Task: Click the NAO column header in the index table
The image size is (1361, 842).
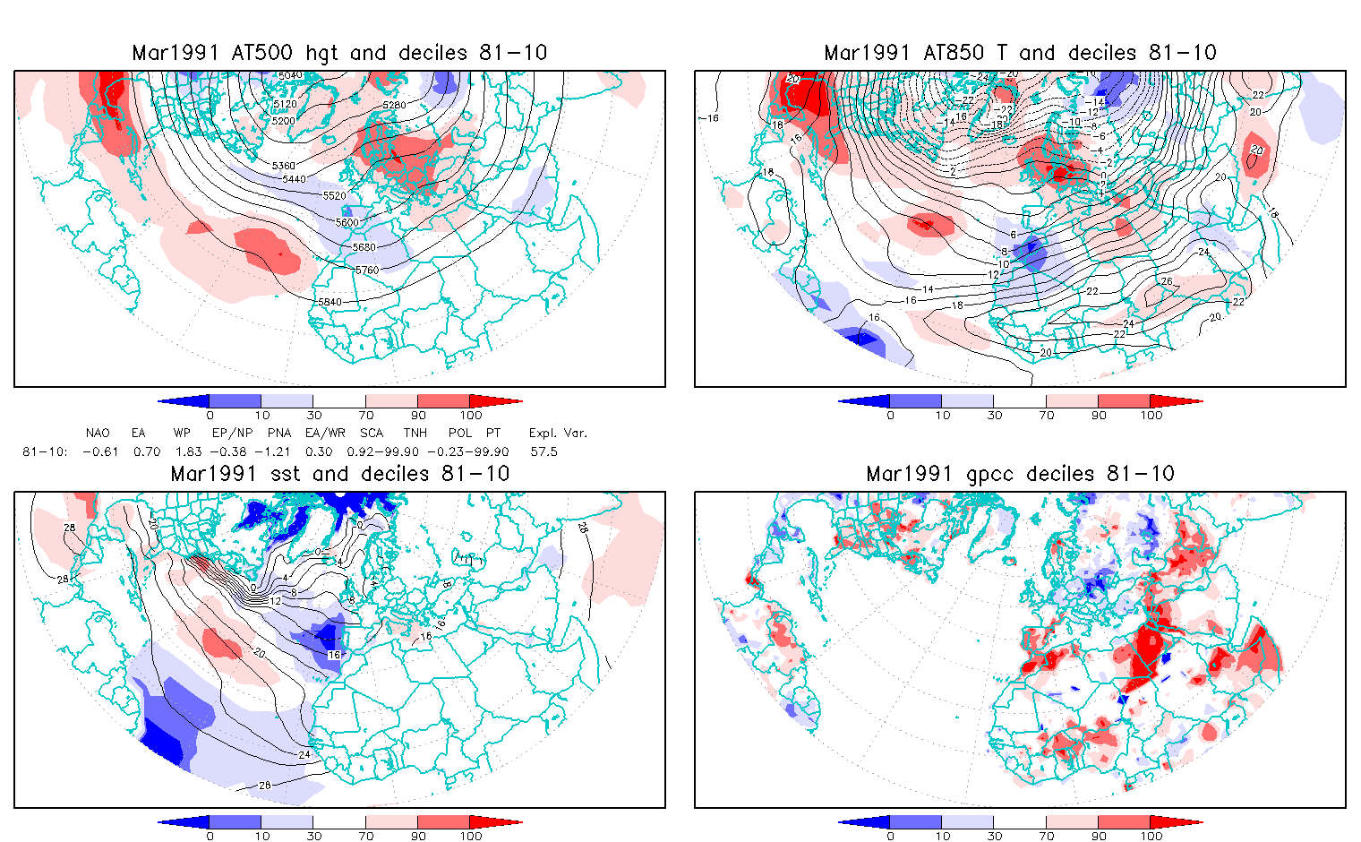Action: (x=98, y=434)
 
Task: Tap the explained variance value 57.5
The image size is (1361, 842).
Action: (x=544, y=452)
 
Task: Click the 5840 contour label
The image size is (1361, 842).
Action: (x=330, y=302)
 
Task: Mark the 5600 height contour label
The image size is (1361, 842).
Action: (x=347, y=223)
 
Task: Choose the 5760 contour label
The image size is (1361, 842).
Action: (x=367, y=270)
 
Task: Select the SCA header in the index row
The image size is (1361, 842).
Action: (x=372, y=434)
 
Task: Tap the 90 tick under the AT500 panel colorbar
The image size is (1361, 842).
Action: (x=418, y=415)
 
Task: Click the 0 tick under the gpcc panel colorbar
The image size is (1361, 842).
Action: (x=890, y=836)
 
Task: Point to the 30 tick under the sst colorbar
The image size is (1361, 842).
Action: (x=313, y=836)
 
